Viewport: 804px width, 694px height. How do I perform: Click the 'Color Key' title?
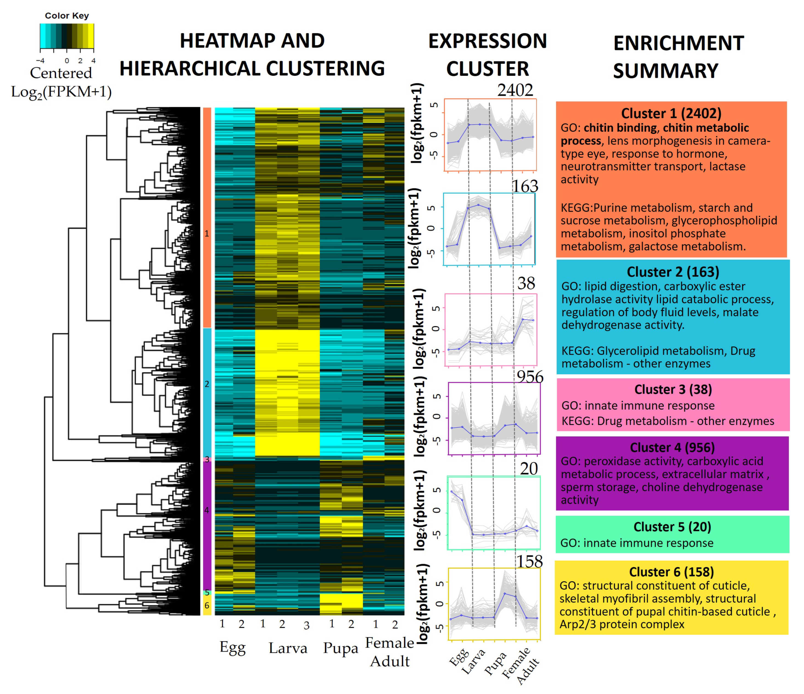coord(67,16)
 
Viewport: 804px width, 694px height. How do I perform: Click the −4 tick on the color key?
coord(40,60)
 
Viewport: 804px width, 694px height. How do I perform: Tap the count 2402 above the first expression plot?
coord(515,90)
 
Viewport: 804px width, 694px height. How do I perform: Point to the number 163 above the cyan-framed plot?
coord(525,186)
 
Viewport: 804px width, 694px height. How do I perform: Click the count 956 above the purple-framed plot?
coord(530,376)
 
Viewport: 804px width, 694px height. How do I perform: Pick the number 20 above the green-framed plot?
coord(529,469)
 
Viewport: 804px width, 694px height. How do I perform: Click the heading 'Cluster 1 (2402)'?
coord(671,113)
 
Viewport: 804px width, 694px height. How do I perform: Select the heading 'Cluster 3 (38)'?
coord(673,389)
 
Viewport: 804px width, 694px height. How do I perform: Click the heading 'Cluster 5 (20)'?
coord(672,527)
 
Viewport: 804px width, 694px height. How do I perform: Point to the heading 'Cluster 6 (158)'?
coord(671,572)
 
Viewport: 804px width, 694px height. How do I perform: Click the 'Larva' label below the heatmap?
coord(288,648)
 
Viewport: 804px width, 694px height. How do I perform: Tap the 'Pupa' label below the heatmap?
coord(340,648)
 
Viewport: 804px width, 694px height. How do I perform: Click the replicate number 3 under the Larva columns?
coord(306,625)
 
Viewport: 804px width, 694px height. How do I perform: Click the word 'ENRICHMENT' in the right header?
coord(678,43)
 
